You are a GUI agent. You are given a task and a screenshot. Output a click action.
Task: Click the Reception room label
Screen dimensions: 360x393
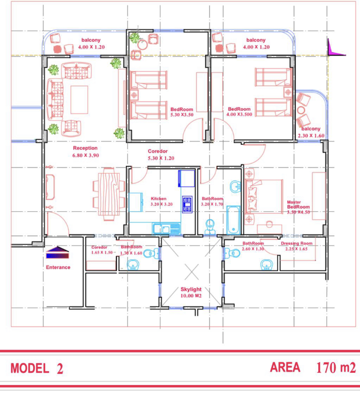85,148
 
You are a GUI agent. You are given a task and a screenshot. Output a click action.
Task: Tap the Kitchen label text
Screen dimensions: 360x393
158,199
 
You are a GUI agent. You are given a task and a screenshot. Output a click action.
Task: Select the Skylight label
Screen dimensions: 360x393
191,289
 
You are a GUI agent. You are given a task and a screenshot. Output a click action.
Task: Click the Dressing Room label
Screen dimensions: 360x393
297,243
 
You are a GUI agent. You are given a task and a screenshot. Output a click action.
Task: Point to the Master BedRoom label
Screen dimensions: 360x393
298,204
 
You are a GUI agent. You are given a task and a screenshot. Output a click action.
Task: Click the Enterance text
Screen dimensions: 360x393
58,267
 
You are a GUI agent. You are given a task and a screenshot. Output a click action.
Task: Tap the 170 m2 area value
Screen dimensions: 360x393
336,368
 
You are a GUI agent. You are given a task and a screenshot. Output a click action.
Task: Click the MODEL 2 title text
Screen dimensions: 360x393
37,369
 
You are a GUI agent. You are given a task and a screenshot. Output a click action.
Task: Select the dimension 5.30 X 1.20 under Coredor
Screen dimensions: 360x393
161,158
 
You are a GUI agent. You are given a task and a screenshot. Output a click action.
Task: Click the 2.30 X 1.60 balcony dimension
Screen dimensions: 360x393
311,136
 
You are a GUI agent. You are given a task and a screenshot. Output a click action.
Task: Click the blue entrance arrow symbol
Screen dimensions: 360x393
58,252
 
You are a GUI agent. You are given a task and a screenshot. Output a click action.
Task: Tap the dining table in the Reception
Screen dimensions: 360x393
109,194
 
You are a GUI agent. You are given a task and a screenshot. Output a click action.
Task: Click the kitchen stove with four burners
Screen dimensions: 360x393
187,204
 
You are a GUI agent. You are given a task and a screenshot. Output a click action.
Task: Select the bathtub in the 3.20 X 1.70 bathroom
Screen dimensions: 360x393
233,220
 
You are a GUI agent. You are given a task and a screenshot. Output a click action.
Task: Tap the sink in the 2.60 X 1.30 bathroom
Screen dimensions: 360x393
267,265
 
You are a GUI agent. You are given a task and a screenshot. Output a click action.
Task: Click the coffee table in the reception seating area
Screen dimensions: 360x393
79,100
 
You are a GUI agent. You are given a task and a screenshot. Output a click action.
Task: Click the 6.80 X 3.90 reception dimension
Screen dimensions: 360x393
86,155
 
